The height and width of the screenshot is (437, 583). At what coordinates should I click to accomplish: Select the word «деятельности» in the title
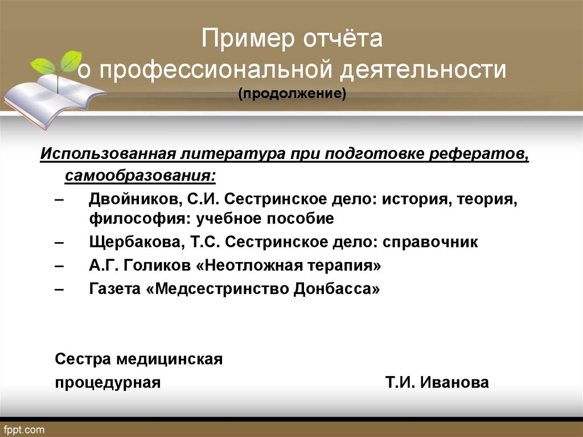(x=423, y=70)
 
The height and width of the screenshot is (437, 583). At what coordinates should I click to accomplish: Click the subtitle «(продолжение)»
(x=292, y=93)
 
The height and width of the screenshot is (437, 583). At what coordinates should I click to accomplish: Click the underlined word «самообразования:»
(x=140, y=175)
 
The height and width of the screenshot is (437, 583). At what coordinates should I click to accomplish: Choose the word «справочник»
(x=430, y=243)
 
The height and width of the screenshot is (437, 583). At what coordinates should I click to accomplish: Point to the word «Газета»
(x=115, y=289)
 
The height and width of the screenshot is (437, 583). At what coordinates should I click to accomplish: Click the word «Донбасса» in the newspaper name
(x=336, y=289)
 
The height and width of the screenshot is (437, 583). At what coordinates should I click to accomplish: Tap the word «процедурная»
(x=108, y=383)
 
